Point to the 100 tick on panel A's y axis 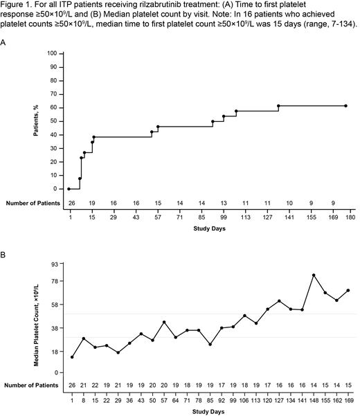pyautogui.click(x=51, y=53)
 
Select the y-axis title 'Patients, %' pyautogui.click(x=37, y=120)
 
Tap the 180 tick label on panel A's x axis pyautogui.click(x=350, y=217)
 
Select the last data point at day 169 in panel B pyautogui.click(x=348, y=290)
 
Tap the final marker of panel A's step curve pyautogui.click(x=345, y=106)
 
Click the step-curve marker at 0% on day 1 pyautogui.click(x=69, y=188)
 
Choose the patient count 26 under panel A pyautogui.click(x=71, y=204)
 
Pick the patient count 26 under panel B pyautogui.click(x=72, y=383)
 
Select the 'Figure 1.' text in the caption pyautogui.click(x=17, y=7)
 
